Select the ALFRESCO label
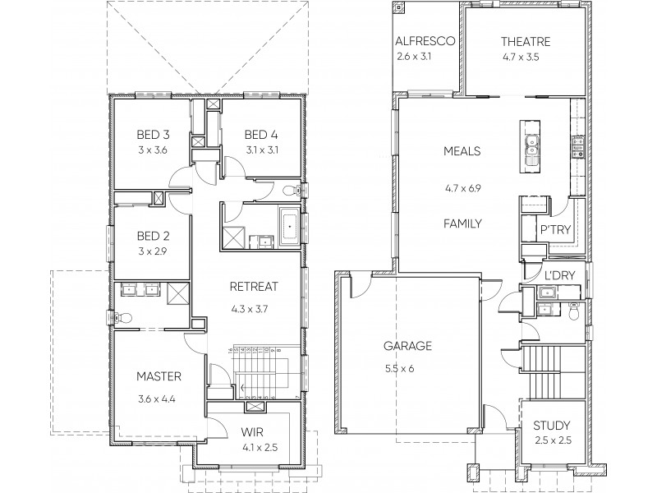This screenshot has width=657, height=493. (x=425, y=42)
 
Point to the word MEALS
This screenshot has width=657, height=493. (x=461, y=151)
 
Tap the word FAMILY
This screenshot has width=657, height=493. (x=461, y=223)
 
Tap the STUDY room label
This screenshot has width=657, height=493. (x=551, y=426)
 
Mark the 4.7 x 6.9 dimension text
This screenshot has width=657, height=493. (x=461, y=188)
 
